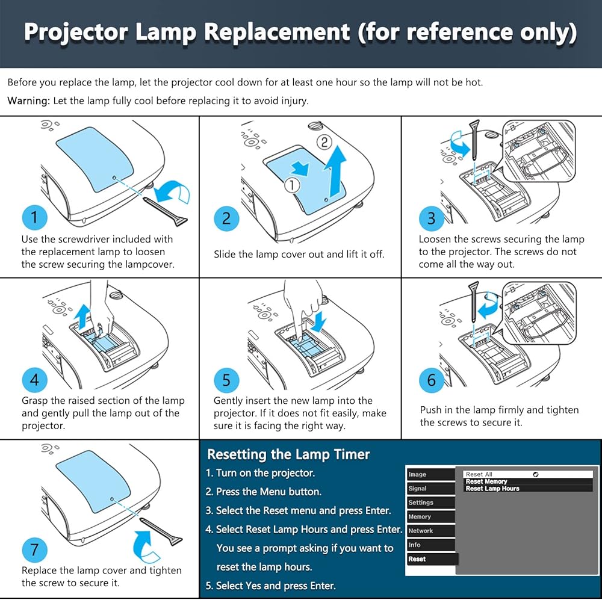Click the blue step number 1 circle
coord(34,217)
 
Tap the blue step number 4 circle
coord(34,380)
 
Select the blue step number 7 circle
coord(34,549)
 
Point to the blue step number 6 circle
coord(432,380)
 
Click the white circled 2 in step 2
coord(324,143)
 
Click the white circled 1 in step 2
coord(292,185)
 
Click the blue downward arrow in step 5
coord(319,320)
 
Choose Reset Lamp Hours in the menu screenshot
coord(492,489)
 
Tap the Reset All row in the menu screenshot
coord(480,474)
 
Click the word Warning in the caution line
coord(28,101)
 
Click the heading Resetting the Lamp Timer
coord(288,454)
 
